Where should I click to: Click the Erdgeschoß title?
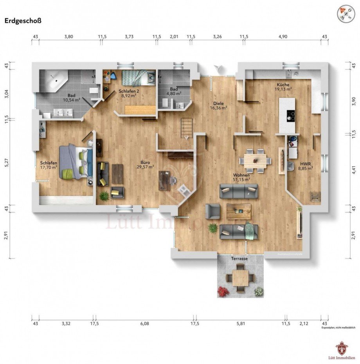(23, 21)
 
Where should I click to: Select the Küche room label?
(283, 84)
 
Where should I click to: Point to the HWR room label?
(306, 164)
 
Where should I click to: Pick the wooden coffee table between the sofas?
(238, 212)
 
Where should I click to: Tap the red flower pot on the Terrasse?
(223, 291)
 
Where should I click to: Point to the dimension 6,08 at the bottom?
(144, 323)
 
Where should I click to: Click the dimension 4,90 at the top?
(283, 36)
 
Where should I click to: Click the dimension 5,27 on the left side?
(6, 163)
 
